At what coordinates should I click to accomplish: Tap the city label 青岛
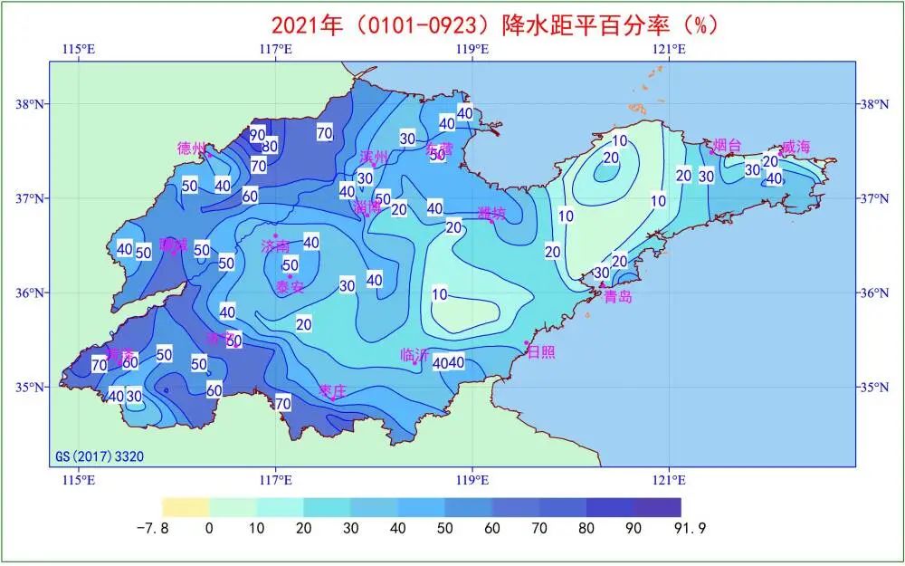618,296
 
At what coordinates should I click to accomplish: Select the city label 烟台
727,145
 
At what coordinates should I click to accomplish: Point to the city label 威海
797,146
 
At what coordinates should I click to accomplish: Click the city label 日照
541,349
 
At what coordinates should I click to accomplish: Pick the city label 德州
192,148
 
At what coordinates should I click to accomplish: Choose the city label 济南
275,245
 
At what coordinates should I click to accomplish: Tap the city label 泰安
290,287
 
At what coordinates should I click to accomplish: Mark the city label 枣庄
333,390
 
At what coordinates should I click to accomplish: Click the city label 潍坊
492,214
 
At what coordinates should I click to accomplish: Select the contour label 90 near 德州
258,134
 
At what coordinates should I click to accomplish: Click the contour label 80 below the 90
270,146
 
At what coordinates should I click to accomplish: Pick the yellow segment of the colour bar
186,507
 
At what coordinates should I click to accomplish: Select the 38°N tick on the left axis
30,104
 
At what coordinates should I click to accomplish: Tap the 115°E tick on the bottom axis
80,478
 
